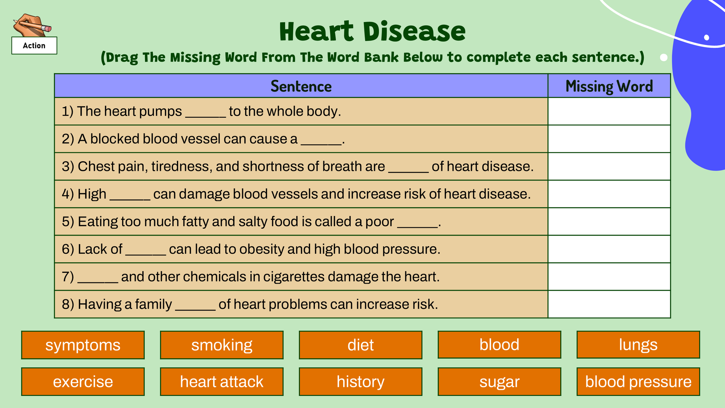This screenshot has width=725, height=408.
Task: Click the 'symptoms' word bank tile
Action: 83,345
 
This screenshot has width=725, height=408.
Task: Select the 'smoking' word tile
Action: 222,345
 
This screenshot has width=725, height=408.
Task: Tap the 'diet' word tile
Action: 361,345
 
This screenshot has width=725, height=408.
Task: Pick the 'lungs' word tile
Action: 638,345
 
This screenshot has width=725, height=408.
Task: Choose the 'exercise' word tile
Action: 83,382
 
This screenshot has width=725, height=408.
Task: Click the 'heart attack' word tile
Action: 222,382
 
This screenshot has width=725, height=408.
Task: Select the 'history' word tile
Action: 361,382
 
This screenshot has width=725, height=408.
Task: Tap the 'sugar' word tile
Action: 499,382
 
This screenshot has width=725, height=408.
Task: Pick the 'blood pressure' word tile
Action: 638,382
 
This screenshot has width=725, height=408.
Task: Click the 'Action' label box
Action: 34,45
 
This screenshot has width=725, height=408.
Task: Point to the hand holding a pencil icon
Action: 31,25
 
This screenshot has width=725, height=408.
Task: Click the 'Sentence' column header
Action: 301,86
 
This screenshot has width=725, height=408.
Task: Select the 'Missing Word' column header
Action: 609,86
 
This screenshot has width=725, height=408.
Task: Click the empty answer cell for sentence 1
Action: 609,111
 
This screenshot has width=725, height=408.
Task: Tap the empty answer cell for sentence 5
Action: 609,222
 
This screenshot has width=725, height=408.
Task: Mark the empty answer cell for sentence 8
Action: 609,304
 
